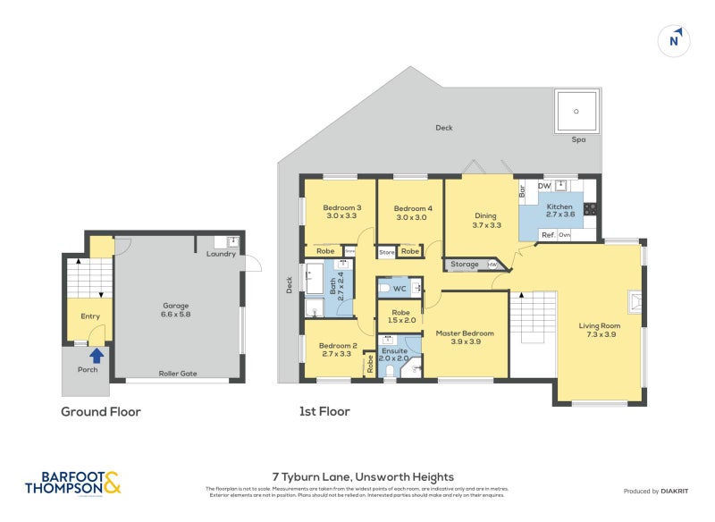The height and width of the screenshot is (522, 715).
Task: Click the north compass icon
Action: pyautogui.click(x=676, y=40)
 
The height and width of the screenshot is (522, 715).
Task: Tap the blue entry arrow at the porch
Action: pyautogui.click(x=97, y=356)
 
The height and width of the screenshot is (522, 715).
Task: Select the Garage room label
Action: pyautogui.click(x=175, y=306)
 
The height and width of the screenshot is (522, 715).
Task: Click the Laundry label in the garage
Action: pyautogui.click(x=221, y=254)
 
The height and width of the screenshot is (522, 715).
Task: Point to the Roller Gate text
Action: pyautogui.click(x=178, y=374)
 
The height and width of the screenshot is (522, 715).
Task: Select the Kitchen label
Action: pyautogui.click(x=559, y=207)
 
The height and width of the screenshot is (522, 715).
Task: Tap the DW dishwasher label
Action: pyautogui.click(x=543, y=186)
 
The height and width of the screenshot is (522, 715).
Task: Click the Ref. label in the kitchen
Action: pyautogui.click(x=548, y=235)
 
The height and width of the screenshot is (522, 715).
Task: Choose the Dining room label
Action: pyautogui.click(x=485, y=215)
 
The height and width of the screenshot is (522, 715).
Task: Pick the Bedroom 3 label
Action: pyautogui.click(x=341, y=207)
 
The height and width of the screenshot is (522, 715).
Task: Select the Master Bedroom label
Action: pyautogui.click(x=465, y=333)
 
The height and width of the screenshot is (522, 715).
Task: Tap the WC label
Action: pyautogui.click(x=400, y=289)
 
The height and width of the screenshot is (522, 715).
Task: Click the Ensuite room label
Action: pyautogui.click(x=393, y=351)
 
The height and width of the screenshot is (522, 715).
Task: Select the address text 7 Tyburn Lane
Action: pyautogui.click(x=362, y=477)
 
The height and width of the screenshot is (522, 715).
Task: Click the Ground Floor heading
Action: pyautogui.click(x=100, y=412)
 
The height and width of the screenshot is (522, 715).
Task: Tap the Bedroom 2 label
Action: pyautogui.click(x=338, y=346)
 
